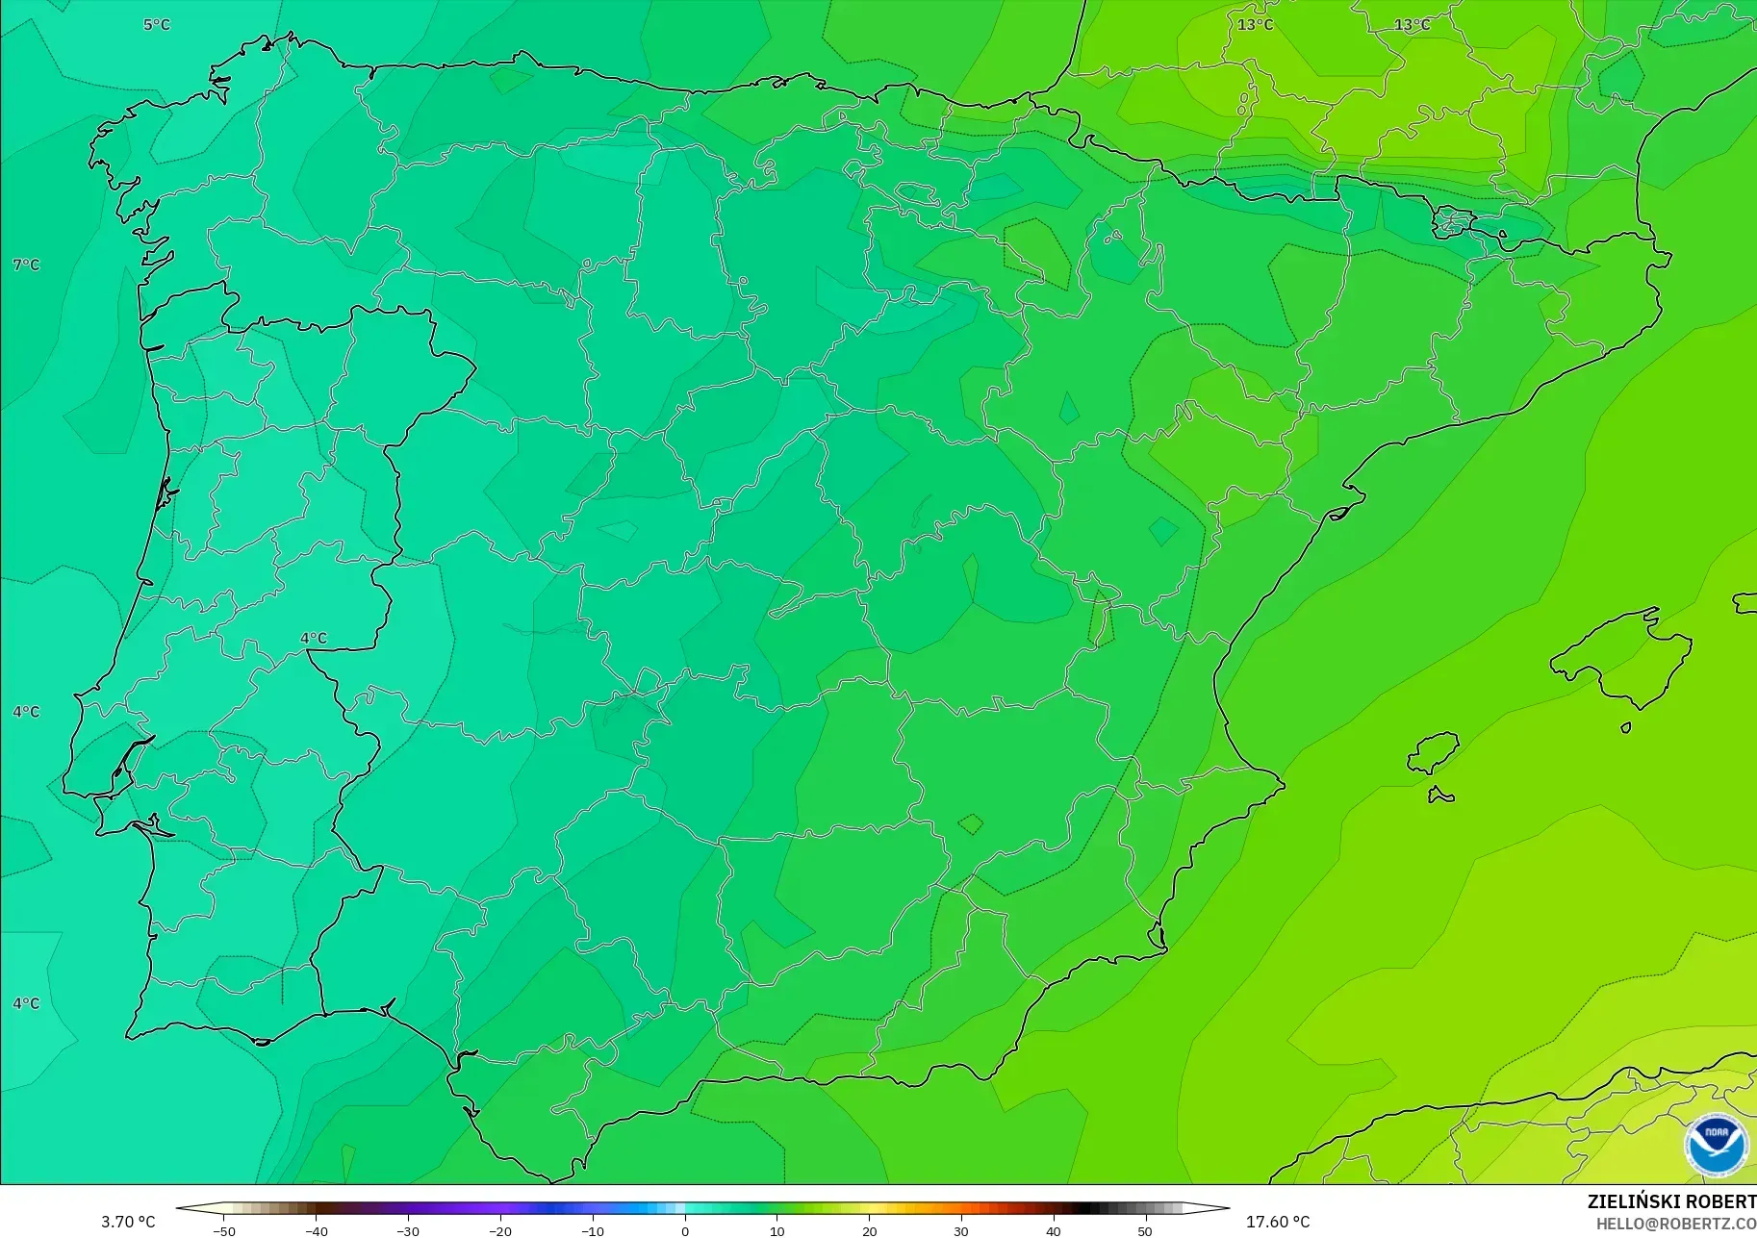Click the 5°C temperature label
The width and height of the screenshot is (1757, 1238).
(x=156, y=24)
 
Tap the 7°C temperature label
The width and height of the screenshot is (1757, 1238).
(x=26, y=265)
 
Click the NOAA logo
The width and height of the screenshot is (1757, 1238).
(x=1716, y=1145)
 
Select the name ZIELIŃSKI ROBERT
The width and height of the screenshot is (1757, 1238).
(x=1671, y=1202)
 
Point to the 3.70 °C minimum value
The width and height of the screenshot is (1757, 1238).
(x=128, y=1222)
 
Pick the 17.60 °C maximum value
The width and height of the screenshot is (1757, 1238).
(x=1278, y=1222)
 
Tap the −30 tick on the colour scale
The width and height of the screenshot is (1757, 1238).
(x=408, y=1231)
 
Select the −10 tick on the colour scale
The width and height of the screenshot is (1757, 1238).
(x=593, y=1231)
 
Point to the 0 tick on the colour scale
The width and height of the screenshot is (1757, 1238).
(x=685, y=1231)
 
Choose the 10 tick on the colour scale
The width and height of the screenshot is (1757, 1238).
(x=777, y=1231)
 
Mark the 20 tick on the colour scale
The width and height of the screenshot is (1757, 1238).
(x=870, y=1231)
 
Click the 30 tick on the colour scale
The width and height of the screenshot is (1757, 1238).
(x=961, y=1231)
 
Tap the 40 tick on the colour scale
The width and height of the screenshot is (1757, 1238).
(x=1054, y=1231)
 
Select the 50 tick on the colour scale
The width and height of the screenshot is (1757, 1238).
(x=1145, y=1231)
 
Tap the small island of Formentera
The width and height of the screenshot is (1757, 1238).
(x=1440, y=795)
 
